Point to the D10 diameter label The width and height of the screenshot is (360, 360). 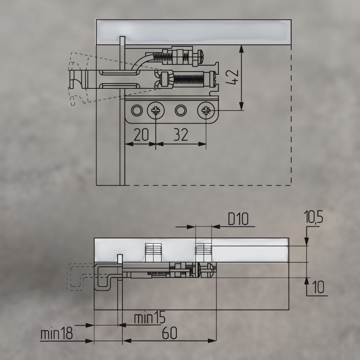point(238,219)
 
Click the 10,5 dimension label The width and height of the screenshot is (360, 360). point(313,217)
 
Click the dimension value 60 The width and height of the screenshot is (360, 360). point(170,333)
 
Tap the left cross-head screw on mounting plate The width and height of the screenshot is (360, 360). point(156,111)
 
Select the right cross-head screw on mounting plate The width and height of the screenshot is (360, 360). point(206,111)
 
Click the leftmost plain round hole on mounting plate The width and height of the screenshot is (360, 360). point(137,110)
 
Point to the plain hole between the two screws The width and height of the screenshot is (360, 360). point(181,110)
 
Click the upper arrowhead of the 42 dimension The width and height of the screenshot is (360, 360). point(241,50)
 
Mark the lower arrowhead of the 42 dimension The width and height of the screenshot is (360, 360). point(241,106)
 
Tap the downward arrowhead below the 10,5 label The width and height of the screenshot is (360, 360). point(307,241)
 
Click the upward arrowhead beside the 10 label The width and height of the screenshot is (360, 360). point(307,282)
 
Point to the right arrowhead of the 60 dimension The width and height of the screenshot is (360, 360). point(212,340)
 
